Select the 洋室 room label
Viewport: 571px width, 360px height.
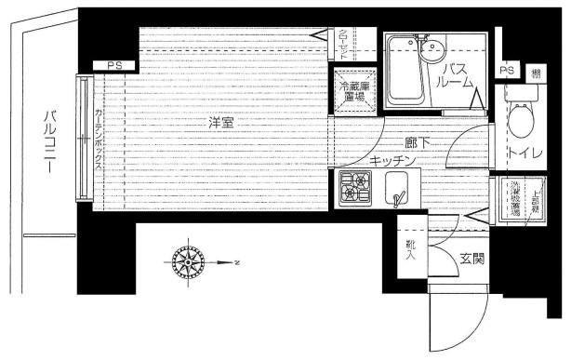tap(219, 122)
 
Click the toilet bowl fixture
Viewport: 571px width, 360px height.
tap(520, 121)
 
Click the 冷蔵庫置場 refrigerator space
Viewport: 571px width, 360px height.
tap(353, 91)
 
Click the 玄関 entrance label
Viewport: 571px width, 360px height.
tap(471, 258)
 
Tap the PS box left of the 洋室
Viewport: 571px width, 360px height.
tap(114, 65)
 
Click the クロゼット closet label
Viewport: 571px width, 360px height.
tap(343, 44)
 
